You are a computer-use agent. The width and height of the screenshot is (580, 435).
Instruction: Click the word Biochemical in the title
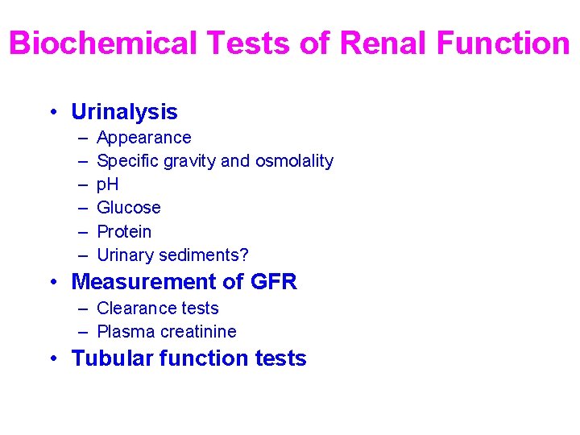(102, 43)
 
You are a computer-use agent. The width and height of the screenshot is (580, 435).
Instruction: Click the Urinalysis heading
(124, 112)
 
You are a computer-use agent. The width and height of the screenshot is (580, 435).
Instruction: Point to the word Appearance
(143, 138)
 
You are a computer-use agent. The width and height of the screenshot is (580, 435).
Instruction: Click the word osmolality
(294, 161)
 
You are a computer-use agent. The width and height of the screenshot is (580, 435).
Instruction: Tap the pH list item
(107, 184)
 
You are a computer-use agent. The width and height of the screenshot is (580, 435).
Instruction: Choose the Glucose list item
(128, 208)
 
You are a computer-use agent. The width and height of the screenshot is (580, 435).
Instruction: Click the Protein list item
(124, 232)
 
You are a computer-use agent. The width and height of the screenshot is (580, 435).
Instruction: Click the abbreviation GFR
(274, 282)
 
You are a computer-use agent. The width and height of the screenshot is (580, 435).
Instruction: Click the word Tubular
(108, 358)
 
